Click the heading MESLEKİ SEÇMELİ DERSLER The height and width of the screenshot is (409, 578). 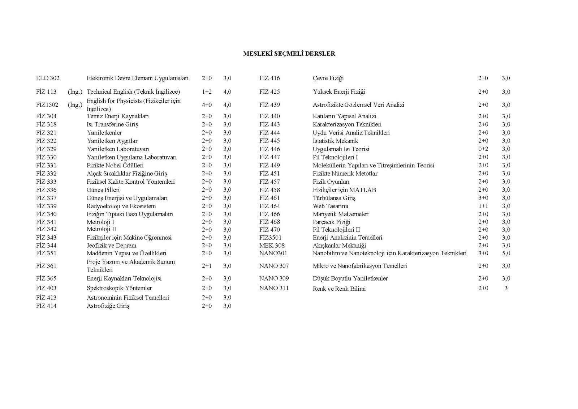pos(289,54)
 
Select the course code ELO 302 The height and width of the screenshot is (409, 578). pos(48,78)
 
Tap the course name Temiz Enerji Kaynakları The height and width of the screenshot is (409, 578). pos(117,116)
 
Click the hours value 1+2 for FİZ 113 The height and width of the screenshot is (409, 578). pos(207,92)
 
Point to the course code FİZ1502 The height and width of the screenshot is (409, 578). pos(47,105)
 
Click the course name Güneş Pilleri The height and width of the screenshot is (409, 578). pos(103,190)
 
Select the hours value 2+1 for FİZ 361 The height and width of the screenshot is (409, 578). pos(207,266)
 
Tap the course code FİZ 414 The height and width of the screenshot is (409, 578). pos(46,306)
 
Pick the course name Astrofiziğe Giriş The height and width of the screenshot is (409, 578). pos(108,306)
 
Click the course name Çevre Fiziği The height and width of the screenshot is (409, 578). pos(328,78)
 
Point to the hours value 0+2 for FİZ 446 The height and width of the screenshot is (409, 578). pos(483,149)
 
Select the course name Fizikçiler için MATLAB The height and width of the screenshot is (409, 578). pos(344,190)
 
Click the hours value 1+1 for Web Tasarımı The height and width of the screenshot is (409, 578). pos(483,206)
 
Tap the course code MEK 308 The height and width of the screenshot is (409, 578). pos(272,246)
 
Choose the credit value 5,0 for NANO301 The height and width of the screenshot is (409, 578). pos(506,253)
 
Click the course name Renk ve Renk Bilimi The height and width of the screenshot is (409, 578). pos(339,289)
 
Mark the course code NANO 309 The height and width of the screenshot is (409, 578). pos(274,278)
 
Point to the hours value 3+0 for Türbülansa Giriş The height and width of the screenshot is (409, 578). pos(483,198)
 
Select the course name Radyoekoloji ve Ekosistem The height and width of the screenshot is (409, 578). pos(121,206)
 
